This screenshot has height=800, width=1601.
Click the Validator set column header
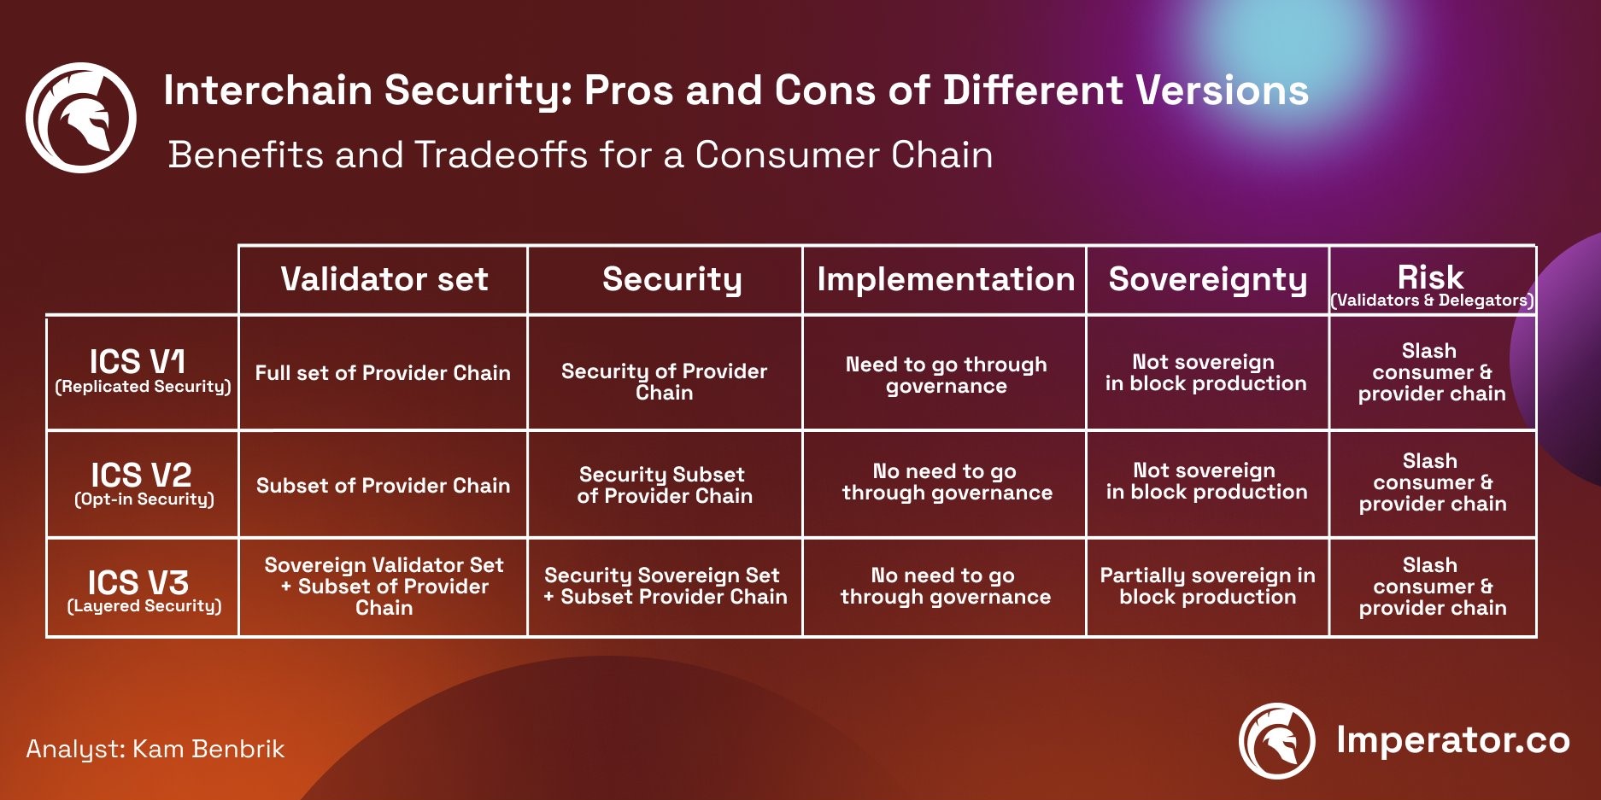[384, 279]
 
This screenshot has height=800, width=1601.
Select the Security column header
[672, 279]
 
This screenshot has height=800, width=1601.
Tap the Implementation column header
[946, 279]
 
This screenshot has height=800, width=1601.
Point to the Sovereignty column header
[1208, 279]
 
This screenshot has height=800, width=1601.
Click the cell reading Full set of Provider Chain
[383, 373]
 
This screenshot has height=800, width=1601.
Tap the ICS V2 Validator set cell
[383, 486]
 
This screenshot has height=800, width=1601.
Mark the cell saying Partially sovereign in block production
[1208, 586]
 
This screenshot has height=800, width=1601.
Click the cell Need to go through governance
[946, 375]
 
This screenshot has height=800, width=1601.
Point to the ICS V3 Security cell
[665, 586]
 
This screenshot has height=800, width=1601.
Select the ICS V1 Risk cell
[1432, 372]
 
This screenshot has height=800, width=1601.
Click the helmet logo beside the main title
[81, 118]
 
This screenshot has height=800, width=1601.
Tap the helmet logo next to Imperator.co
[1277, 741]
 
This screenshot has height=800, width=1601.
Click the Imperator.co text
[1453, 740]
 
